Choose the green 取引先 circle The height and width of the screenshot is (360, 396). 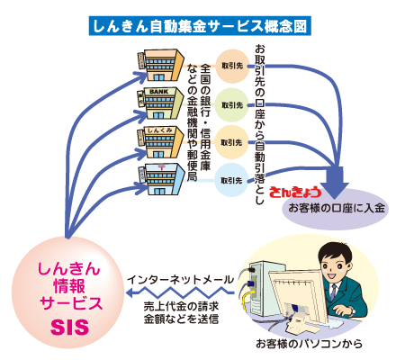(x=231, y=105)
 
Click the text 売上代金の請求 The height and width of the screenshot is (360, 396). (x=179, y=307)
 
